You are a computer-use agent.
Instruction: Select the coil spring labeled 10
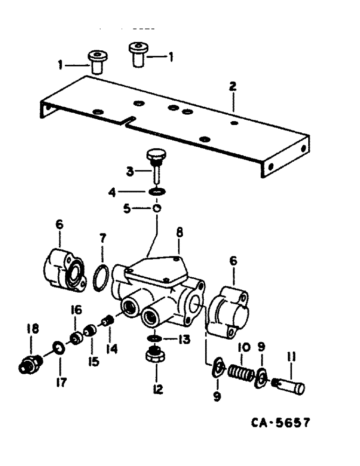[240, 372]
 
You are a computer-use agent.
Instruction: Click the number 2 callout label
[232, 86]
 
